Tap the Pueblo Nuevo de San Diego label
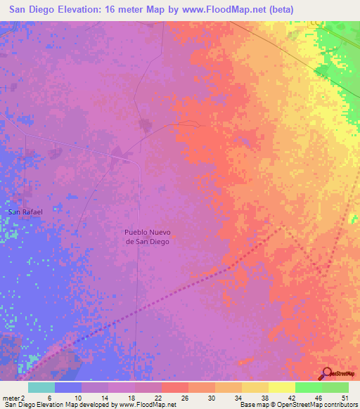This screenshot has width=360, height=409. (148, 236)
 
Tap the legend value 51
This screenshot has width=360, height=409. (344, 398)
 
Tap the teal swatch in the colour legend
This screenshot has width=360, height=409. (41, 387)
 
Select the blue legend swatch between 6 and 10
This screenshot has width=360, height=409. (68, 387)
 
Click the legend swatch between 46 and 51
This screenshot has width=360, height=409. (335, 387)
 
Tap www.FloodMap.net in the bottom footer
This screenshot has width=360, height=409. (148, 405)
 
